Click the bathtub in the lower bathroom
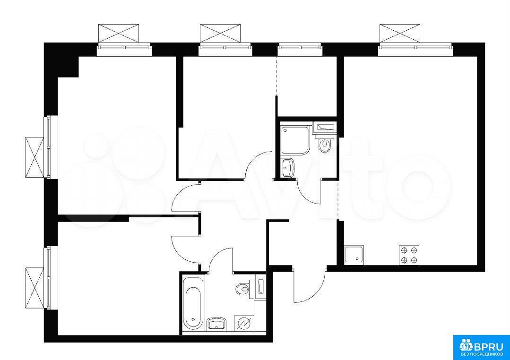coord(193,303)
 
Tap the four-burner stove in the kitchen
coord(409,255)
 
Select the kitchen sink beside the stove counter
coord(354,254)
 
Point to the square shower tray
coord(294,140)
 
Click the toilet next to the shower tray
coord(325,145)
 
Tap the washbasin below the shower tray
coord(287,167)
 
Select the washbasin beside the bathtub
coord(216,324)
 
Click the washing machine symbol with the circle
coord(243,323)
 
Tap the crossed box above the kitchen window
coord(400,33)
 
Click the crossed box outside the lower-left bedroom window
coord(35,287)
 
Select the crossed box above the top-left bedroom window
coord(119,33)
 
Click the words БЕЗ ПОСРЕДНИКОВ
coord(481,354)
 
